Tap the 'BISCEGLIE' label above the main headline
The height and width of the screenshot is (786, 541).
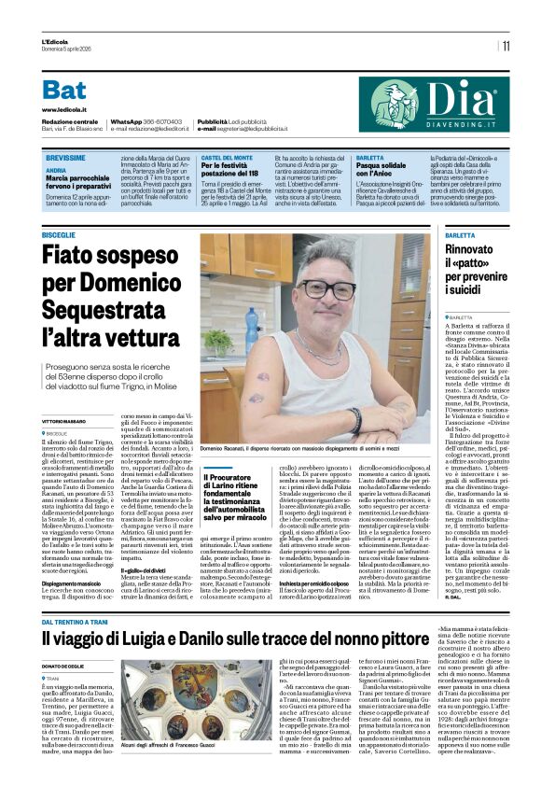point(60,234)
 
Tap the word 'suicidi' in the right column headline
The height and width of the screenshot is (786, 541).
point(464,305)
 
